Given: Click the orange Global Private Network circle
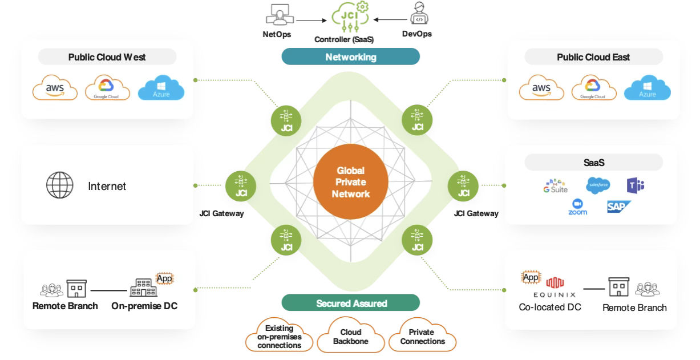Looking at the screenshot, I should click(350, 183).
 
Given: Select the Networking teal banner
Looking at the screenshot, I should click(350, 57).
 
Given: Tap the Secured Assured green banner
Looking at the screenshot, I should click(351, 303).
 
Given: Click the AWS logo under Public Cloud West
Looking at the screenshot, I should click(55, 89).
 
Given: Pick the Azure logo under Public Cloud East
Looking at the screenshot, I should click(647, 88).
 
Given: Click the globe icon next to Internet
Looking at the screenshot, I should click(60, 186).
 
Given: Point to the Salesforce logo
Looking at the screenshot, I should click(598, 185).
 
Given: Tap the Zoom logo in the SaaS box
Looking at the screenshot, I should click(577, 207).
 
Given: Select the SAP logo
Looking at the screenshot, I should click(618, 207).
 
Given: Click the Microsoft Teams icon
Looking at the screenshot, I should click(635, 185).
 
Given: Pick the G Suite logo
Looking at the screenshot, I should click(556, 185).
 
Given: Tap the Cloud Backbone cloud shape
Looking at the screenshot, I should click(350, 336).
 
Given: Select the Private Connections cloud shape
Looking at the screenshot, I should click(422, 336).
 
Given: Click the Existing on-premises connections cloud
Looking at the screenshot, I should click(279, 336).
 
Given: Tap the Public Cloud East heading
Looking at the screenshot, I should click(593, 57).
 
